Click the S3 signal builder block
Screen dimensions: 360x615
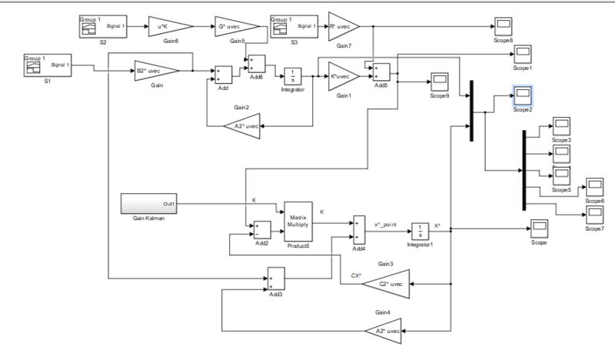point(294,27)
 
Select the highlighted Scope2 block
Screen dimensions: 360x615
point(523,95)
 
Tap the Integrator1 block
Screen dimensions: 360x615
point(420,230)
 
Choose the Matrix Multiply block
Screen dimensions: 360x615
point(298,222)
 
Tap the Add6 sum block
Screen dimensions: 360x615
point(255,65)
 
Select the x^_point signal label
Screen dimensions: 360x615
point(387,224)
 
